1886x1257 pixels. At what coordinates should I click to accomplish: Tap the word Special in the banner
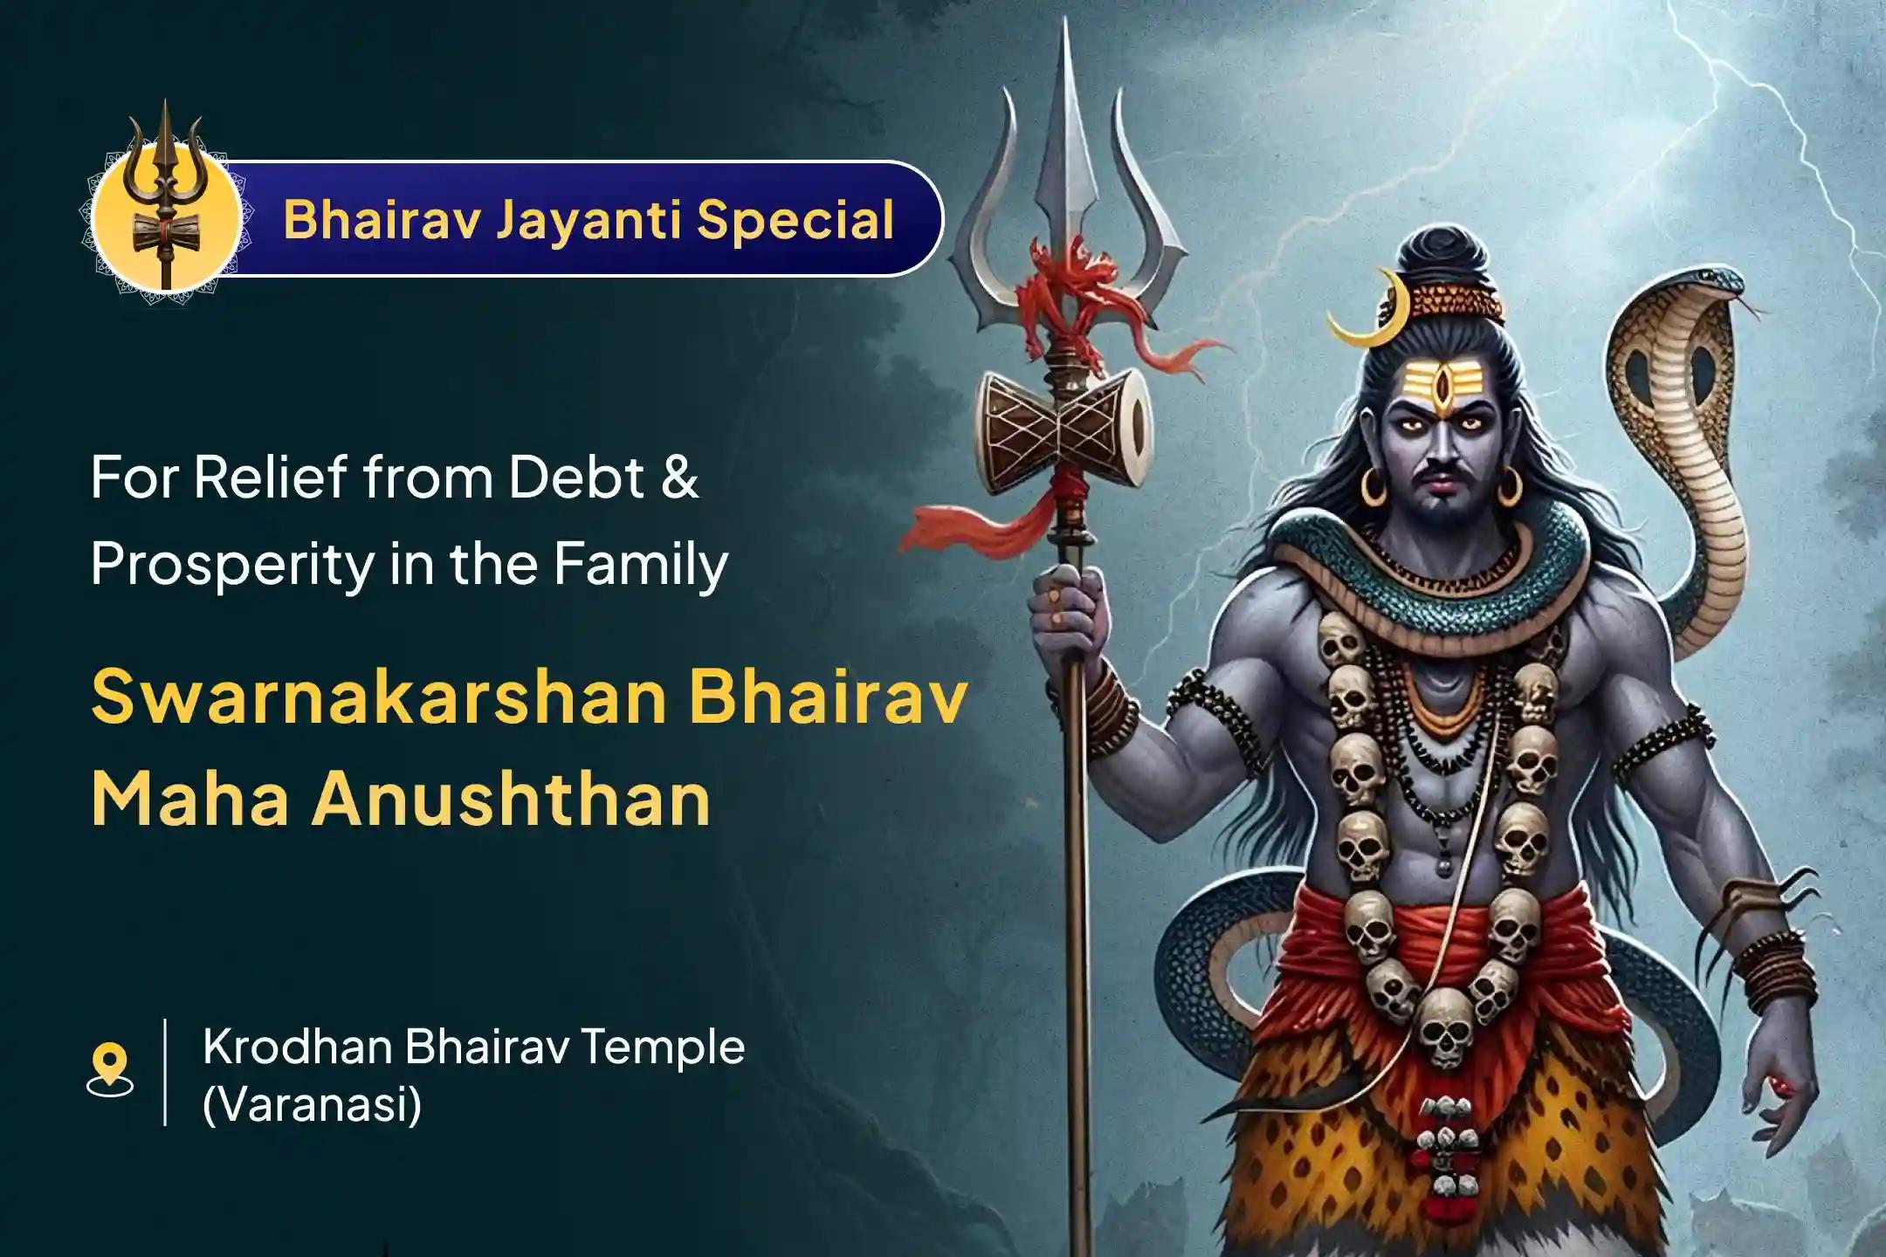(795, 219)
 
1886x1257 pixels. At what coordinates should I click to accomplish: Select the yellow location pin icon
(110, 1067)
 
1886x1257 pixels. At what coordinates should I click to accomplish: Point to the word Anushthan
(511, 800)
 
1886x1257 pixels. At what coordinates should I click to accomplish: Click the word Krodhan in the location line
(296, 1047)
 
